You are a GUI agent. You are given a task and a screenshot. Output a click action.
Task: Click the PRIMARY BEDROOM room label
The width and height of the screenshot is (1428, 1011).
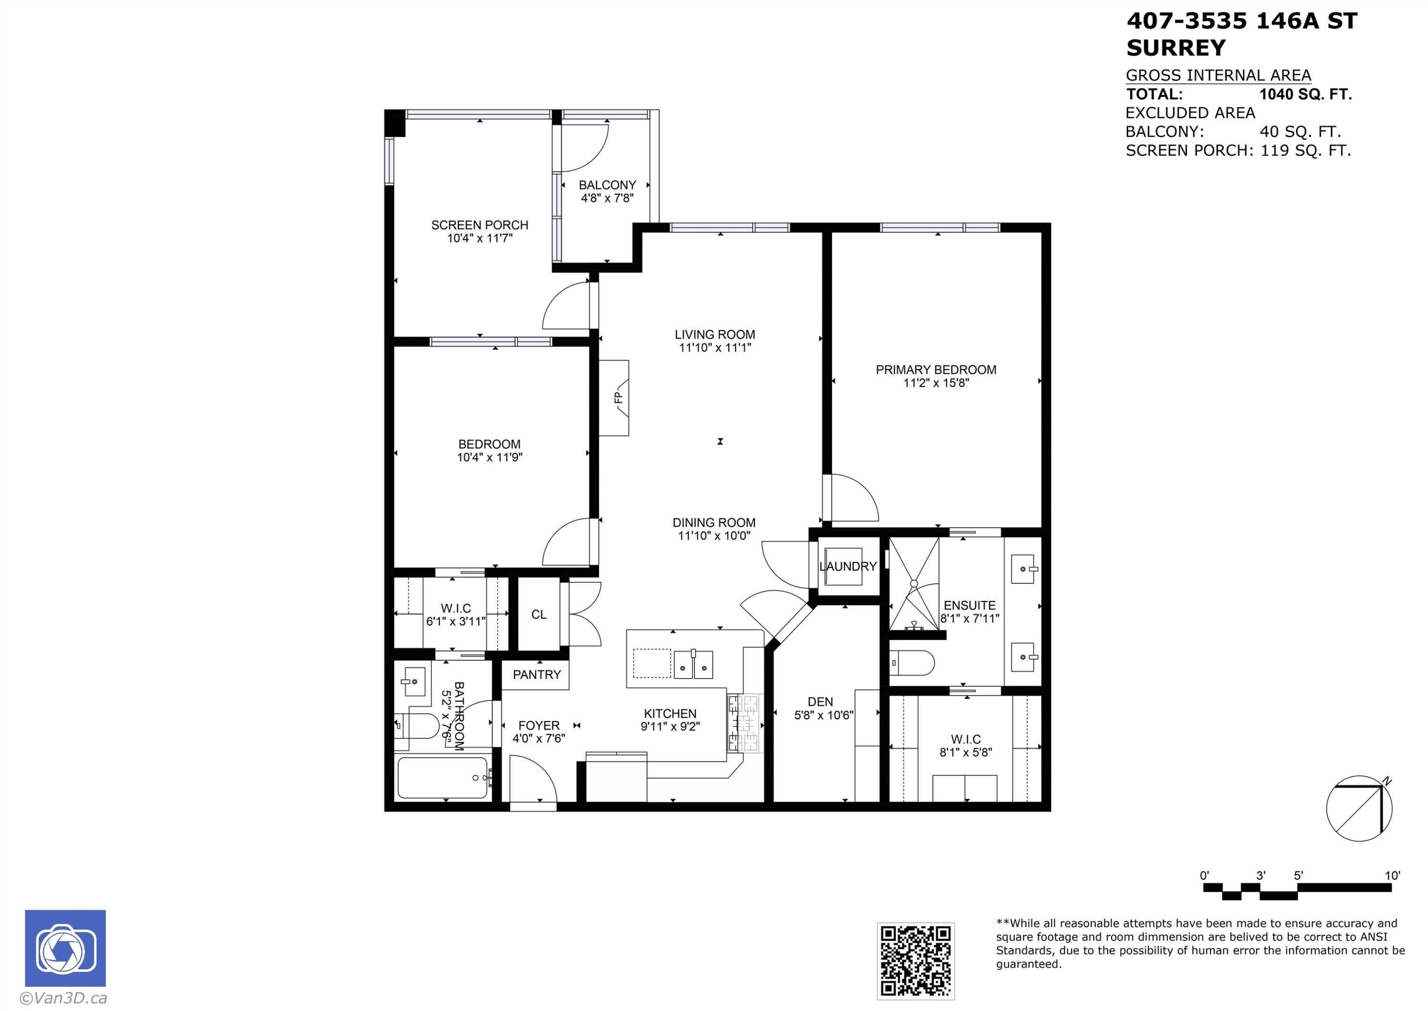(x=935, y=370)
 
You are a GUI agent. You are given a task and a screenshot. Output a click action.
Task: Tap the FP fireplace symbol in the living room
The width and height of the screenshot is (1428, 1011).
(x=614, y=398)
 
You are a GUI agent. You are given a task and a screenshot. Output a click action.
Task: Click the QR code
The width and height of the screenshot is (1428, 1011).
(x=915, y=961)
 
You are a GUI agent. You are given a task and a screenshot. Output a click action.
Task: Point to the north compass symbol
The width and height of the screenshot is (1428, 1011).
(x=1359, y=808)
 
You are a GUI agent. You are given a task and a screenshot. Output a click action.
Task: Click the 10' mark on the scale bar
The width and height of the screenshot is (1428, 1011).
(x=1392, y=875)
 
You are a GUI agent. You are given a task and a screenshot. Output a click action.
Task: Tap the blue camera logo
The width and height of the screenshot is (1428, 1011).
(x=65, y=948)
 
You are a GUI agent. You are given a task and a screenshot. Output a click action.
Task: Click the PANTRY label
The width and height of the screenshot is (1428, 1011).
(x=537, y=675)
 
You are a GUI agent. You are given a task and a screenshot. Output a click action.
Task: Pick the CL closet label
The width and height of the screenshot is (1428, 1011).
(x=539, y=614)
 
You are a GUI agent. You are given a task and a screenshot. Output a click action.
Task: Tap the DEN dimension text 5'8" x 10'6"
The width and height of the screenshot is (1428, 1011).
(x=824, y=715)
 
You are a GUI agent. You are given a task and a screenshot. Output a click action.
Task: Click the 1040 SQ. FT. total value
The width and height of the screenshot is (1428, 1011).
(x=1305, y=95)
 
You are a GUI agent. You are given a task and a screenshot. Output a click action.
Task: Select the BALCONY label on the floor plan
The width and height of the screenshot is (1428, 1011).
(x=607, y=185)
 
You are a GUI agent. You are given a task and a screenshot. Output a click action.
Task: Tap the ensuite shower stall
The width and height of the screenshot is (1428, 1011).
(x=913, y=583)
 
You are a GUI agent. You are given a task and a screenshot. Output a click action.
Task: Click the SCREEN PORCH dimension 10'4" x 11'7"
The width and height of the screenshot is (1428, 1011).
(x=479, y=238)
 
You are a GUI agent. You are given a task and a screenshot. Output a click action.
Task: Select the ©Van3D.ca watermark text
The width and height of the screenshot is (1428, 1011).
(x=63, y=999)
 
